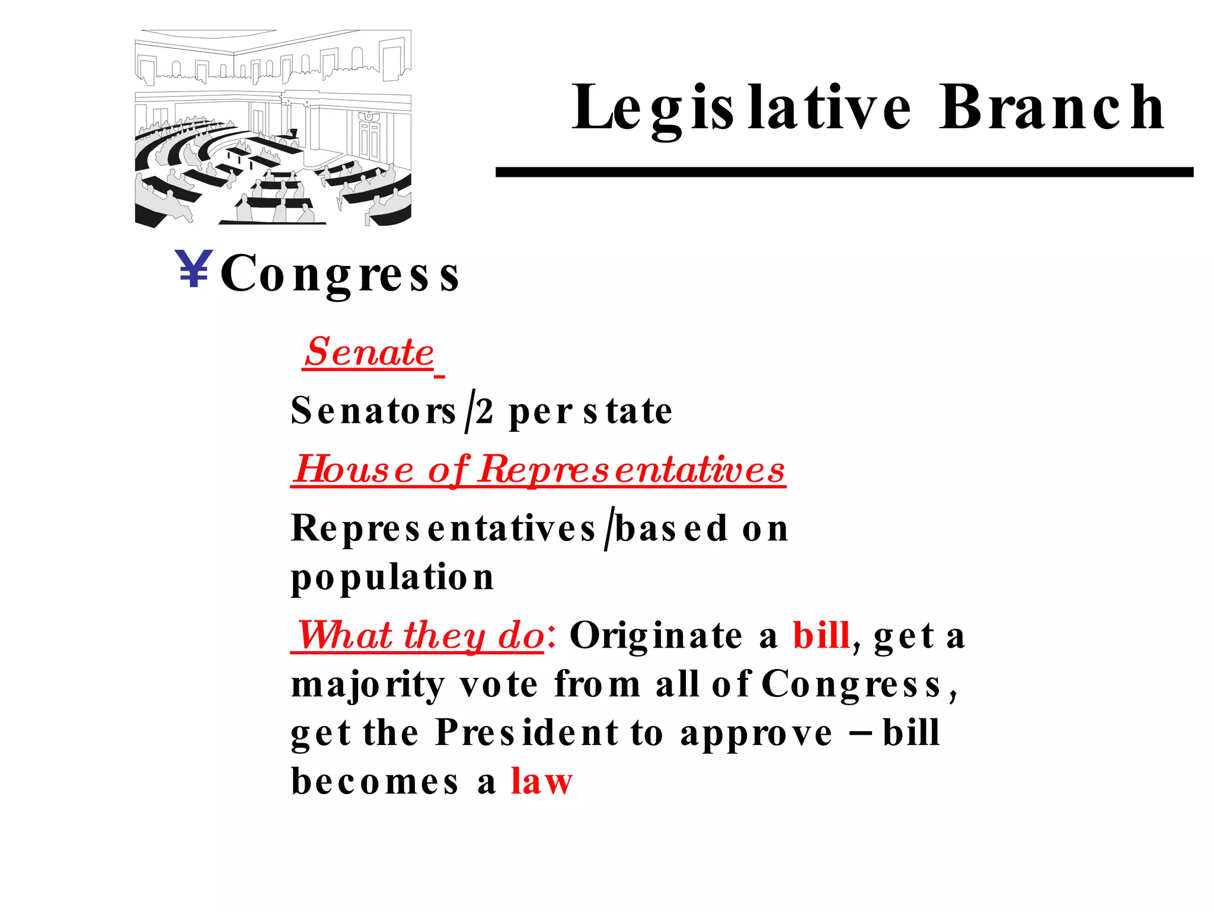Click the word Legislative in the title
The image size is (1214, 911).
tap(741, 108)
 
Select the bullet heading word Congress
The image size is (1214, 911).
tap(340, 274)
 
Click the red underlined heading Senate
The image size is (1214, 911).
tap(369, 352)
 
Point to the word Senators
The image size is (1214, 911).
tap(373, 410)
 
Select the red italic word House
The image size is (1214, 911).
tap(354, 470)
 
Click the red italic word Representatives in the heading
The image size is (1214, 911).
tap(632, 470)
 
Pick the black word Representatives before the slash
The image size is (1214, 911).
tap(443, 528)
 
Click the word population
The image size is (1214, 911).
tap(392, 578)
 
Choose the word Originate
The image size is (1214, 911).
tap(656, 636)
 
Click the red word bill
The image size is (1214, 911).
tap(822, 636)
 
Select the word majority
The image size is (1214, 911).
tap(368, 686)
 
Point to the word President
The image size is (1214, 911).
tap(527, 733)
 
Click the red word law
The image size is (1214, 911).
tap(542, 782)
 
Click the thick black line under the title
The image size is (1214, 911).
tap(844, 172)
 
